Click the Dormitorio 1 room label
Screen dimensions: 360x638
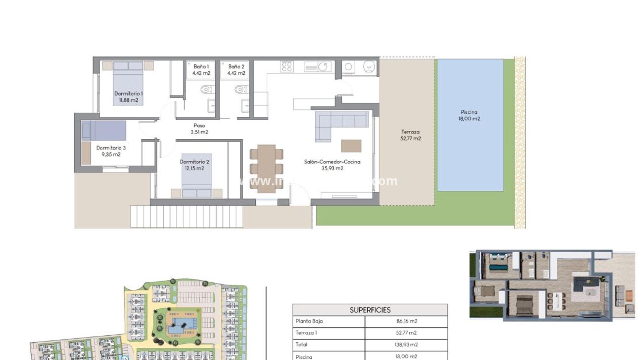128,97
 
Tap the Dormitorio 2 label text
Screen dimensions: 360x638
194,164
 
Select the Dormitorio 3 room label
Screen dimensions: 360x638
110,151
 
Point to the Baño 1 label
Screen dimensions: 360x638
201,70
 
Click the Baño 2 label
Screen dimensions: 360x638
236,70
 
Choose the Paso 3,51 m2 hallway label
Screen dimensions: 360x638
199,129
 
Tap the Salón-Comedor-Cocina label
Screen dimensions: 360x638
332,165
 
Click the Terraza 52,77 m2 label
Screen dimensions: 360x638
410,135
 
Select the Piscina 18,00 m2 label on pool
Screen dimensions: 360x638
469,116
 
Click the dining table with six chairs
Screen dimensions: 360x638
266,168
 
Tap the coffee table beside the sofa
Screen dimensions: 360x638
351,145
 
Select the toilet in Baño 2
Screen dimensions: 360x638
241,89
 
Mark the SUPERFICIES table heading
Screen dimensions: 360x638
370,310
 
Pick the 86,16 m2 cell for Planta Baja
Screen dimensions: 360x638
405,321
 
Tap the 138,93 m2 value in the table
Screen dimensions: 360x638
405,344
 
